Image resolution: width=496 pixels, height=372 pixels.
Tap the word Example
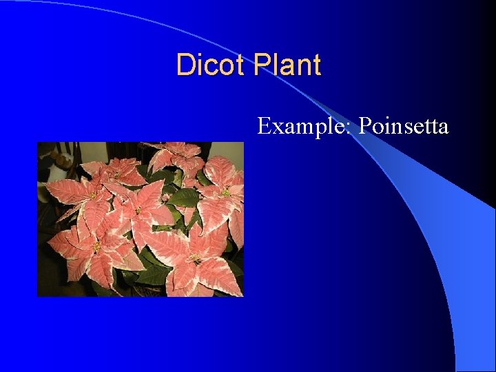coord(304,127)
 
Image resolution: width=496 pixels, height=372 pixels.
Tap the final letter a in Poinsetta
coord(443,129)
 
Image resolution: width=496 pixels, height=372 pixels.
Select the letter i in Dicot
coord(199,65)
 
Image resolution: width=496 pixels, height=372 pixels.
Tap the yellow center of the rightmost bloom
coord(225,194)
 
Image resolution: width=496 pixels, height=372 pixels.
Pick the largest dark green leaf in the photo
coord(184,198)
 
